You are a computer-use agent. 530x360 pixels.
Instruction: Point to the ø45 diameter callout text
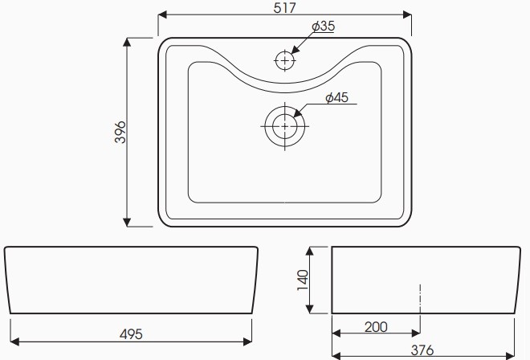pyautogui.click(x=336, y=98)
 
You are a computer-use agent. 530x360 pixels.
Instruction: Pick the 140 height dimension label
pyautogui.click(x=304, y=280)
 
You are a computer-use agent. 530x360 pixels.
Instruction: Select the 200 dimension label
pyautogui.click(x=376, y=326)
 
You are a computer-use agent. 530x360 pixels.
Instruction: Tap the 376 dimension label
pyautogui.click(x=422, y=350)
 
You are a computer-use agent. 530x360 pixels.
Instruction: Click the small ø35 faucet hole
pyautogui.click(x=285, y=59)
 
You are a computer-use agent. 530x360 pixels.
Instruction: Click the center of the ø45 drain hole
pyautogui.click(x=284, y=125)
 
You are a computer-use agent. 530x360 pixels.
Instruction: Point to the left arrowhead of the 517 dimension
pyautogui.click(x=162, y=15)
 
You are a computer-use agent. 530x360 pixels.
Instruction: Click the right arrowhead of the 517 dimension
pyautogui.click(x=409, y=15)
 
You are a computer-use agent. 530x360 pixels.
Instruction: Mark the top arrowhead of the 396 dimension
pyautogui.click(x=128, y=41)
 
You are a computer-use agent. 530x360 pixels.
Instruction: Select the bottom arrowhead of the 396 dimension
pyautogui.click(x=128, y=223)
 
